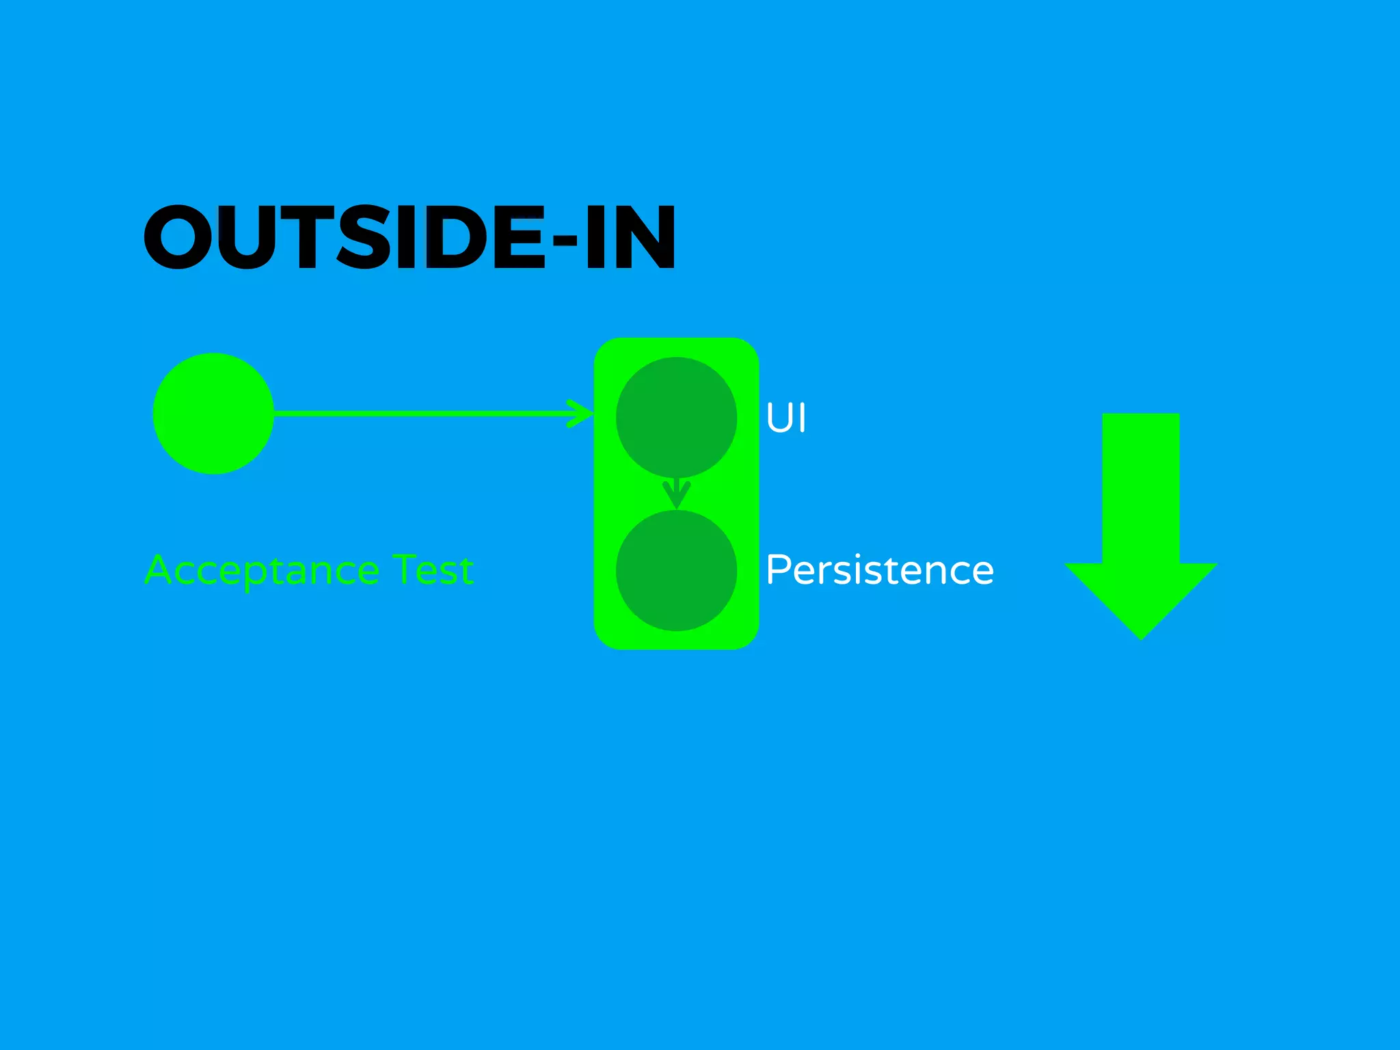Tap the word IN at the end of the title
[629, 237]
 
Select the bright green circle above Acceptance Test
[213, 414]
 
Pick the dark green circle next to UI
[676, 416]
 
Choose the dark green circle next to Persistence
[676, 570]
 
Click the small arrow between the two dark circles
[676, 493]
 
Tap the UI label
[786, 418]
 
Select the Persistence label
[879, 571]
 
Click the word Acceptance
[262, 571]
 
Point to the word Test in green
[433, 569]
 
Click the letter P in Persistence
[778, 569]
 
